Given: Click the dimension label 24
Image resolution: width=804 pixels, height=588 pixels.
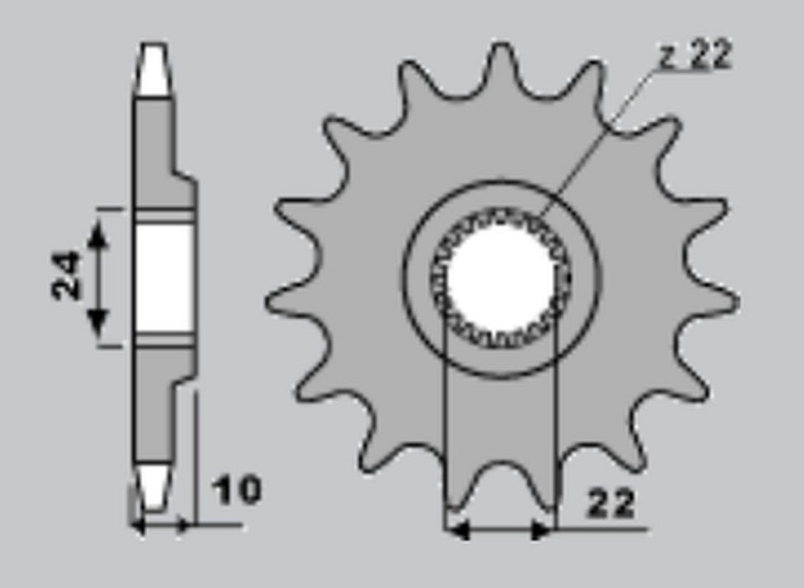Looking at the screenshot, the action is click(66, 275).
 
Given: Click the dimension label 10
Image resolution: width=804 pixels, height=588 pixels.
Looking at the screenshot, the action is click(236, 490).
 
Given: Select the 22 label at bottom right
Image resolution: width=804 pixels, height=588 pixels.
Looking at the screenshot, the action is click(611, 503).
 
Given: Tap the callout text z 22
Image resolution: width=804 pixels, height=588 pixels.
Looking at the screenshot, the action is click(696, 55).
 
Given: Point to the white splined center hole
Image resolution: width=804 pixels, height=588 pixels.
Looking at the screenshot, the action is click(502, 278).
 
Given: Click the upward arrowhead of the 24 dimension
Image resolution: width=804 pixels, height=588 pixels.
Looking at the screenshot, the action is click(98, 235).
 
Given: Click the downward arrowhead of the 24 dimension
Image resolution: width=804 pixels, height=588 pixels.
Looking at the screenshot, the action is click(98, 322).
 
